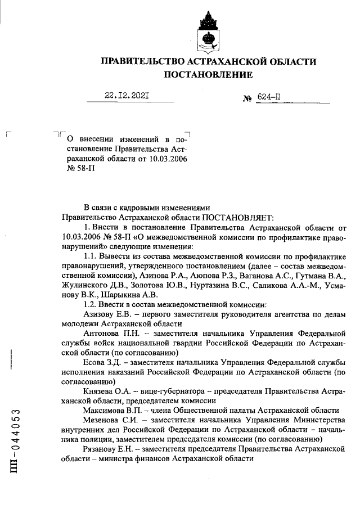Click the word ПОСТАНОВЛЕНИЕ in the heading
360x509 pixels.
(208, 74)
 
